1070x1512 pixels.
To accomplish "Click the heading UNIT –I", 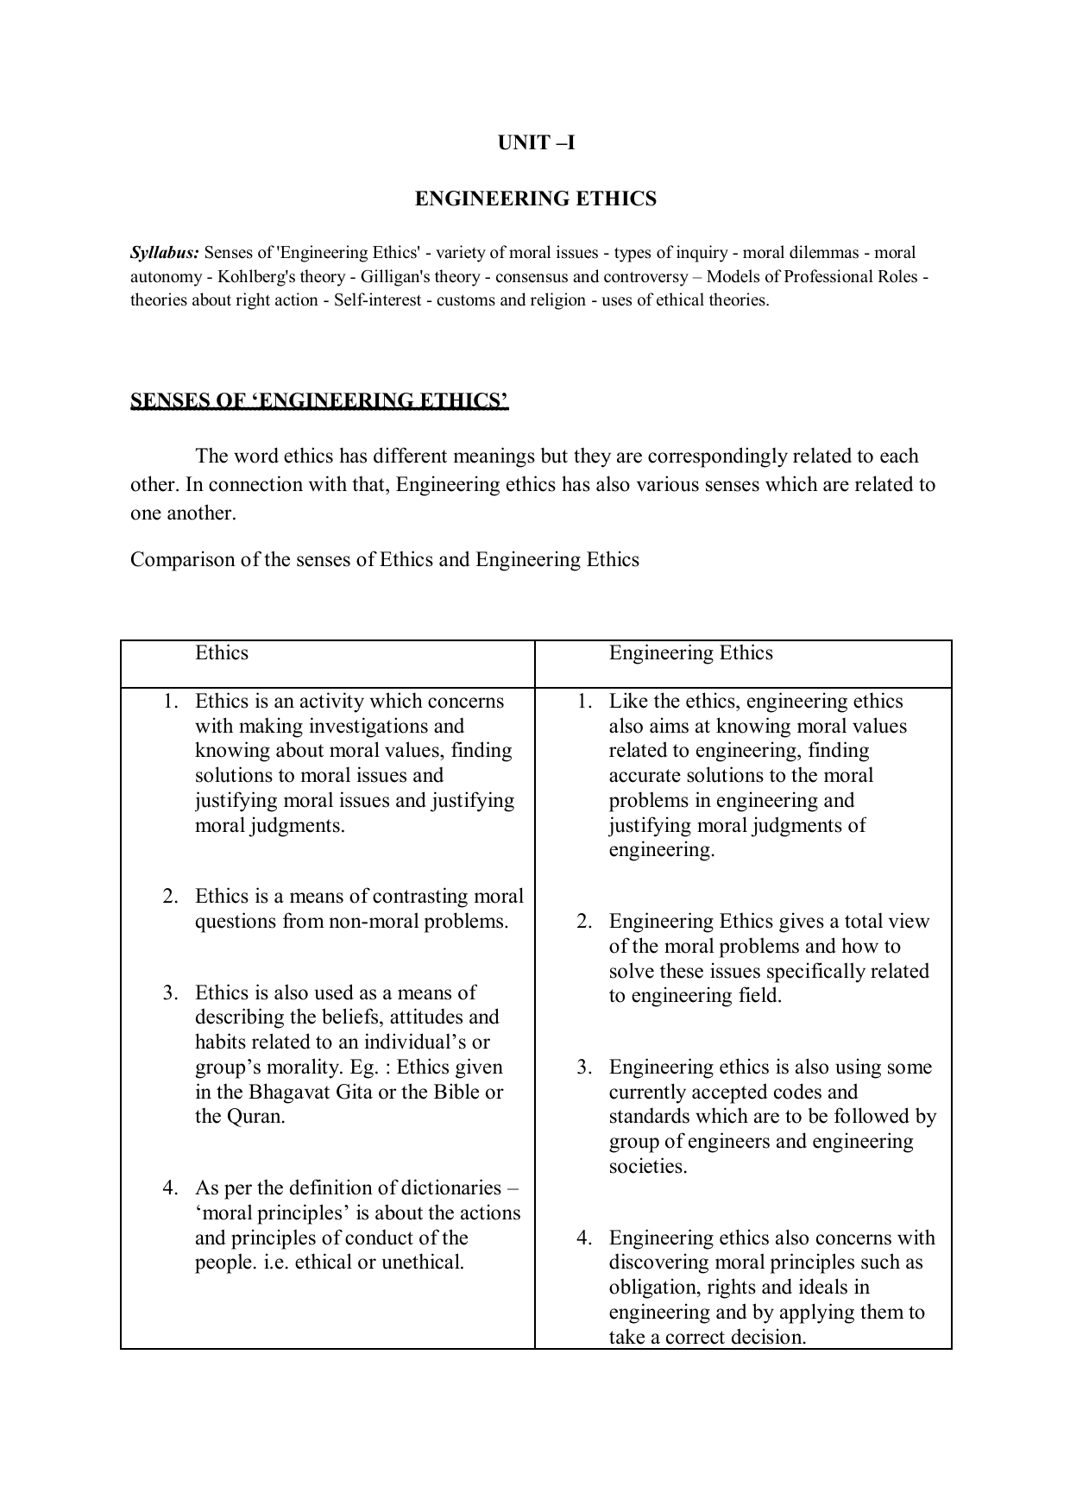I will (x=536, y=143).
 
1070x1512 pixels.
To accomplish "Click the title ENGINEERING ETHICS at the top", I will (x=536, y=199).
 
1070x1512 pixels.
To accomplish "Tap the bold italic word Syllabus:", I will (x=165, y=253).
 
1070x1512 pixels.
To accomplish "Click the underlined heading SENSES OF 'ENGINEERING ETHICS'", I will (x=319, y=400).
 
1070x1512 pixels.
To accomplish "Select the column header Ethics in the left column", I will (x=222, y=653).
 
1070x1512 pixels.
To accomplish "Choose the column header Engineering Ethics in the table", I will (x=691, y=653).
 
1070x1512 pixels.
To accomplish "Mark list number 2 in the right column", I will (x=585, y=922).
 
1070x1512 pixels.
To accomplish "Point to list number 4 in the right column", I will (x=585, y=1238).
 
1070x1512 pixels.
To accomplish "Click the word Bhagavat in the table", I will (x=289, y=1093).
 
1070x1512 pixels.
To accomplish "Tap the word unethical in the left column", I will (x=419, y=1263).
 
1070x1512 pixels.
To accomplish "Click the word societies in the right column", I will (x=647, y=1167).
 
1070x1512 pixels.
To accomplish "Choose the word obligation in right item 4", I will (x=654, y=1288).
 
